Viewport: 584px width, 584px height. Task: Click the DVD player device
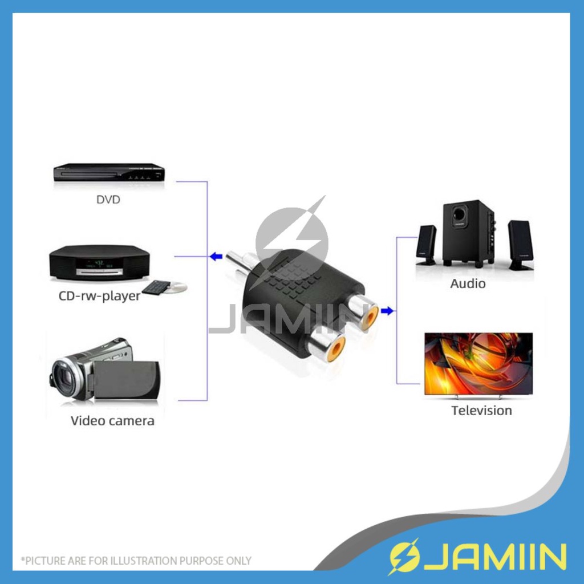tap(109, 172)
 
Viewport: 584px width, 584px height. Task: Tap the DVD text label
tap(108, 200)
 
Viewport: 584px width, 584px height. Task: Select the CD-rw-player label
tap(99, 297)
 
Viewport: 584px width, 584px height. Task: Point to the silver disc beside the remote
tap(177, 287)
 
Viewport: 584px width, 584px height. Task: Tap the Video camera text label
tap(112, 421)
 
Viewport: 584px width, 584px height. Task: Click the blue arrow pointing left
tap(215, 257)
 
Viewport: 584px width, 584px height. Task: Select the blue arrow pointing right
tap(387, 311)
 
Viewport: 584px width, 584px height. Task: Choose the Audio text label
tap(468, 283)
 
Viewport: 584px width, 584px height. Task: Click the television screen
tap(478, 363)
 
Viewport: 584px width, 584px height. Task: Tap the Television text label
tap(481, 411)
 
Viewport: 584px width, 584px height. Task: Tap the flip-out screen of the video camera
tap(127, 379)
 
